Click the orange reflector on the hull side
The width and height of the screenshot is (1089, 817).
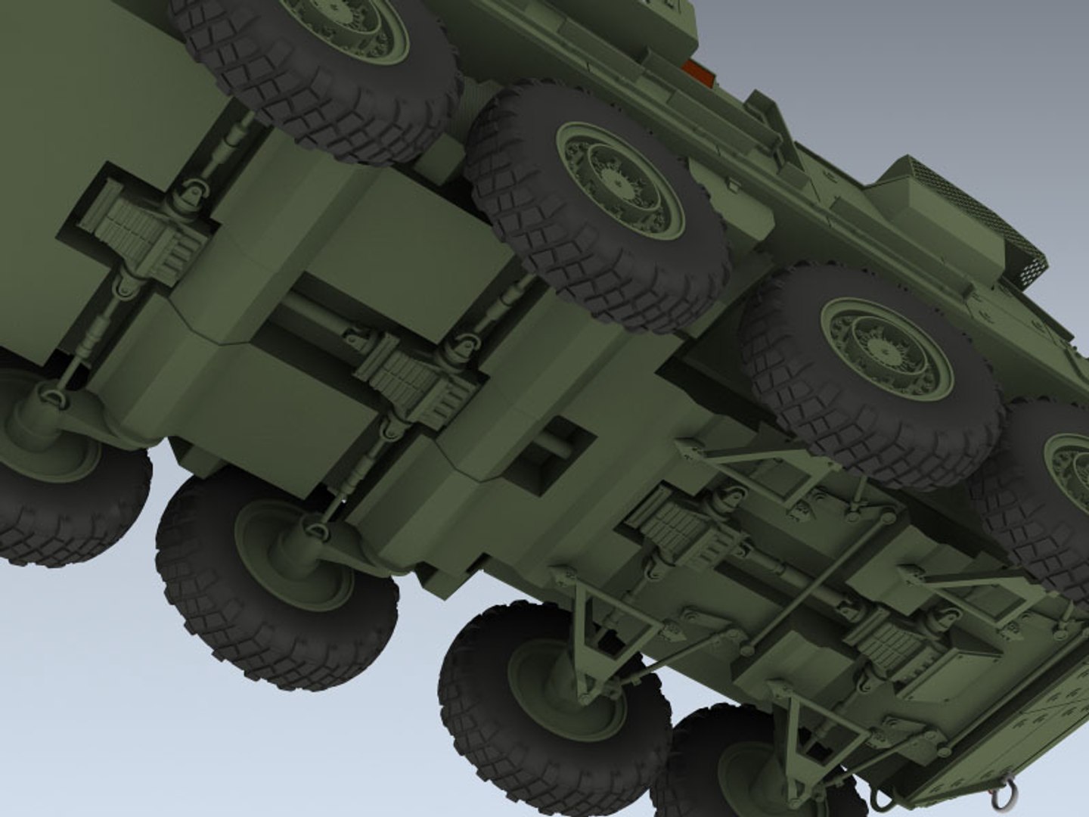pos(697,74)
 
